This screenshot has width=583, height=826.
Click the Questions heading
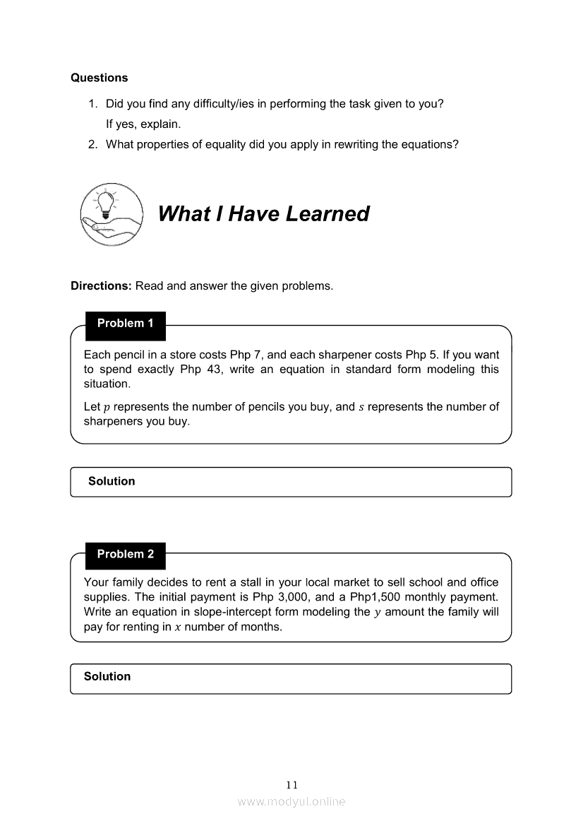point(100,78)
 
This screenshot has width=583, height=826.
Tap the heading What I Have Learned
point(263,213)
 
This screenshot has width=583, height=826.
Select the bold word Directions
point(101,286)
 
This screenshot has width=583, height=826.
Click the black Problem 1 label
point(125,324)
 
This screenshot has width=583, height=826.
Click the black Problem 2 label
point(125,555)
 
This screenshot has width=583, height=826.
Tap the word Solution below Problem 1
point(112,481)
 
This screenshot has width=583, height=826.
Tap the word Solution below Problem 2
point(107,676)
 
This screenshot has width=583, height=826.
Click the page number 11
point(292,785)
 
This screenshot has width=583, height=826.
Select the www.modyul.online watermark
point(291,802)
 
